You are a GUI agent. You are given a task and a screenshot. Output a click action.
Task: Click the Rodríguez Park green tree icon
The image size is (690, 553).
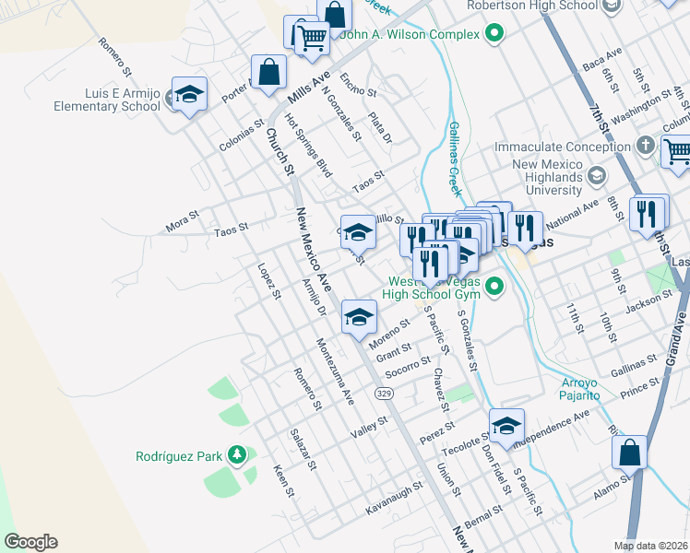click(x=238, y=455)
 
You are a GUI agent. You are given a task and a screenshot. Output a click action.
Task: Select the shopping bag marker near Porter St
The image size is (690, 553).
click(x=268, y=73)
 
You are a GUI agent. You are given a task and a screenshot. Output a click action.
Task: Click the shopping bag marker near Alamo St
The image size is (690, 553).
click(x=629, y=453)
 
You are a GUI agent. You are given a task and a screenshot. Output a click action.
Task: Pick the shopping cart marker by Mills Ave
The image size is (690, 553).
click(x=311, y=38)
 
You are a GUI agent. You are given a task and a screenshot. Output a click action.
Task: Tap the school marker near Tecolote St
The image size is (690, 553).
click(x=506, y=427)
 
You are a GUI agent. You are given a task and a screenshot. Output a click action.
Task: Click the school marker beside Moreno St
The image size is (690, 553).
click(x=359, y=319)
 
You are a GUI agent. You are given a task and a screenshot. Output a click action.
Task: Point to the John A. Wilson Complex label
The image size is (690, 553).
click(x=410, y=35)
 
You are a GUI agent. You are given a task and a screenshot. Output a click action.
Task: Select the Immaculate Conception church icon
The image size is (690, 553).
click(x=645, y=147)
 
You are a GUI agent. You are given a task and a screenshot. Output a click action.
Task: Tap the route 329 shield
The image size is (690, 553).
click(x=385, y=394)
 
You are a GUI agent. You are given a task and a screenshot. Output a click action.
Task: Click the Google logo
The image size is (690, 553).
click(x=30, y=542)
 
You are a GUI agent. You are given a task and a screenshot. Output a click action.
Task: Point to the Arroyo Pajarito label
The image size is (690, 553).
click(x=581, y=389)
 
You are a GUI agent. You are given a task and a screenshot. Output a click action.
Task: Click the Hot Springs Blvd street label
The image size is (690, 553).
click(x=308, y=146)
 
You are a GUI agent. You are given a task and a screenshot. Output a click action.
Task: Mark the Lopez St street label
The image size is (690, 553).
click(x=268, y=281)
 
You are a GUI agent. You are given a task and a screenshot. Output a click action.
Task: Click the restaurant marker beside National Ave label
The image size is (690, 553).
click(x=525, y=229)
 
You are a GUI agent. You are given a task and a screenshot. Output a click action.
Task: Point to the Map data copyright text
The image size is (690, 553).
click(x=651, y=546)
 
